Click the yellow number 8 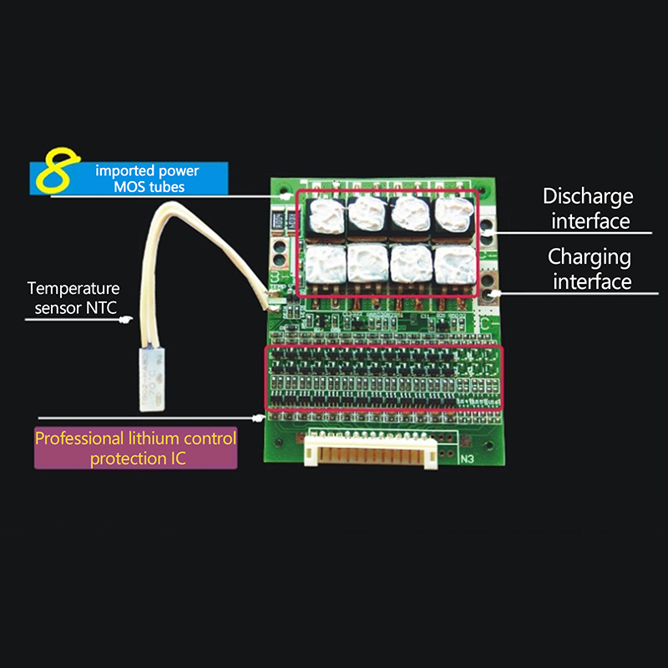tap(58, 170)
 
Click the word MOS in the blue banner tap(129, 187)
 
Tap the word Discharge tap(588, 197)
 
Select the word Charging tap(590, 258)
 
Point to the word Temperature tap(73, 289)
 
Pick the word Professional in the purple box tap(78, 439)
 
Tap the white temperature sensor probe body tap(152, 379)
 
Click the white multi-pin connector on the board tap(371, 451)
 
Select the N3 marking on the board tap(467, 459)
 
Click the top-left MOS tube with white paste tap(326, 217)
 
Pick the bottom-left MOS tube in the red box tap(326, 265)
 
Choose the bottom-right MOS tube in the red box tap(454, 265)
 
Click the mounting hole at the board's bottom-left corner tap(279, 443)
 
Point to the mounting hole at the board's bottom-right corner tap(489, 446)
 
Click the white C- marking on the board tap(487, 324)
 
